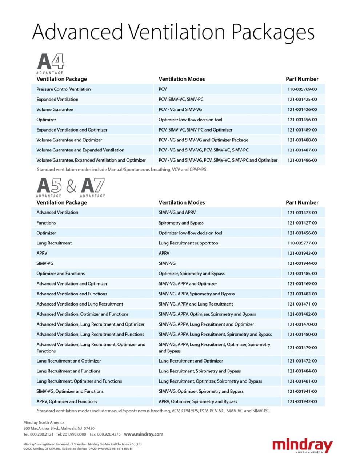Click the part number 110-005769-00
click(302, 89)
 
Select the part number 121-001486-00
click(302, 160)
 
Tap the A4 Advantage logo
click(51, 63)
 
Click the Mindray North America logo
click(302, 446)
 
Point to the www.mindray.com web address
click(144, 434)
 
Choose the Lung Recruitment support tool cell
click(189, 243)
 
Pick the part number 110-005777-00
click(302, 243)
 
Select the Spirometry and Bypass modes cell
click(181, 223)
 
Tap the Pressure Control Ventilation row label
click(63, 89)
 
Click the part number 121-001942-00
click(302, 401)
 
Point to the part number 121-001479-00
click(302, 348)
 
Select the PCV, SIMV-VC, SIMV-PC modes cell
click(181, 99)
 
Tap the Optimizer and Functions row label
click(60, 274)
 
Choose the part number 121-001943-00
click(302, 253)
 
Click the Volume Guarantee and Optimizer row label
click(69, 140)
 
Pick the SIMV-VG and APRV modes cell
click(177, 213)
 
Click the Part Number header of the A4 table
click(302, 79)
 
